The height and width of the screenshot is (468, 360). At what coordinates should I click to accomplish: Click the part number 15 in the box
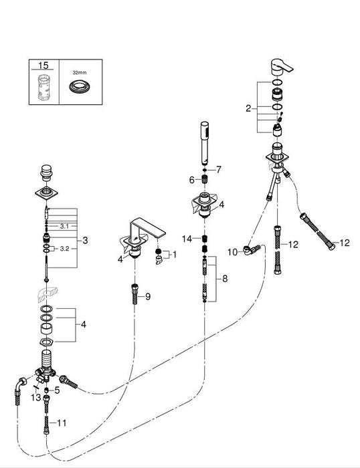tap(43, 66)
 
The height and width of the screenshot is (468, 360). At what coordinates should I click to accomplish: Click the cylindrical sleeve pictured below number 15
tap(43, 87)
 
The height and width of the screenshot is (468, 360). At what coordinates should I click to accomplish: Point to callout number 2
tap(248, 108)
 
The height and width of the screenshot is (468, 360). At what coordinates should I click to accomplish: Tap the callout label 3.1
tap(65, 227)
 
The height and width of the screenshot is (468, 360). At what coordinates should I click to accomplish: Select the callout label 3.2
tap(65, 248)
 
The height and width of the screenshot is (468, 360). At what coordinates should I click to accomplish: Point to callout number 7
tap(218, 170)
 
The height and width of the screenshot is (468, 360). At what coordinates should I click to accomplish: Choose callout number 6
tap(192, 180)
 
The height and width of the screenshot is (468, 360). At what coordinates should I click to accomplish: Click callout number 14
tap(189, 238)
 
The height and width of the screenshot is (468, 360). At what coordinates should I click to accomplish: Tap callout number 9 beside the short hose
tap(148, 296)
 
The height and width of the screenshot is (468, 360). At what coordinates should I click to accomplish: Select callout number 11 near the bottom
tap(62, 422)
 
